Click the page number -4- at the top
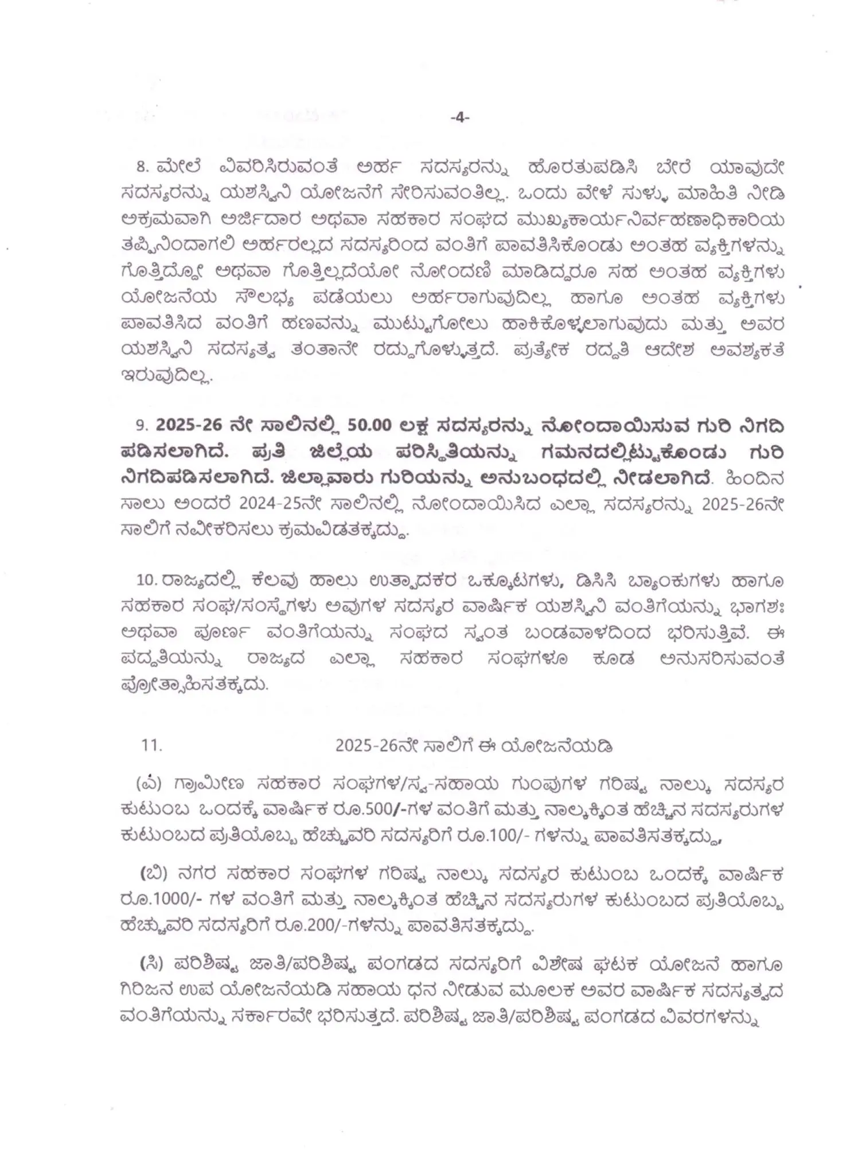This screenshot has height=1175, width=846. point(460,117)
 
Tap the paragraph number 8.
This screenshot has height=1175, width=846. point(142,168)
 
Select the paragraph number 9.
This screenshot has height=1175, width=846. point(141,426)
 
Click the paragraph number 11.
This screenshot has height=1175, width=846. point(152,745)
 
